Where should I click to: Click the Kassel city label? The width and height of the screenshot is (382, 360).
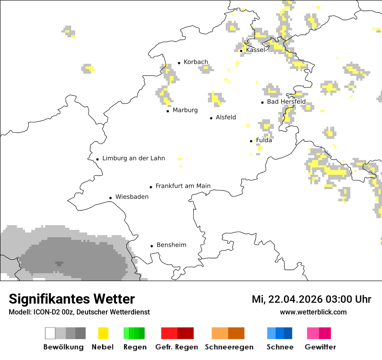pos(255,50)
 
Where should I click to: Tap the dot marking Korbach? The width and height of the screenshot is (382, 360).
pos(179,63)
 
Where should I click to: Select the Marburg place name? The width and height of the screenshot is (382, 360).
pos(185,110)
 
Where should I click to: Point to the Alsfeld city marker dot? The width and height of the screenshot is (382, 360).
pos(211,118)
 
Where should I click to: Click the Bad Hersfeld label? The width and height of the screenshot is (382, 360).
pos(286,101)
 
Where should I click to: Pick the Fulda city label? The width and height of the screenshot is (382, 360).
pos(264,140)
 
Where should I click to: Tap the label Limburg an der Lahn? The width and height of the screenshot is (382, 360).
pos(134,158)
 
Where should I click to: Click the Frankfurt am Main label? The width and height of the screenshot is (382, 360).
pos(183,186)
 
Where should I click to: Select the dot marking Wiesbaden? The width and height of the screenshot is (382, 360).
pos(111,198)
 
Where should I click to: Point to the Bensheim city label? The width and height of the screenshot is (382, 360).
pos(171,245)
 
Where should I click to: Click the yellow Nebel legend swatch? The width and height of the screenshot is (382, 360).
pos(103,333)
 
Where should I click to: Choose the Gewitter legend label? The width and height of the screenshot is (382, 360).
pos(320,347)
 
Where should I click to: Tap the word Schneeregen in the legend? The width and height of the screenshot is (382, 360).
pos(229,347)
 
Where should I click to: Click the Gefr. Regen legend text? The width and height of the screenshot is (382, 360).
pos(177,347)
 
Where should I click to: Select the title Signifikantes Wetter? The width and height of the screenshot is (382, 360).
pos(72,299)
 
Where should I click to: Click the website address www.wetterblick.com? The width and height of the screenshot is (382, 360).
pos(313,312)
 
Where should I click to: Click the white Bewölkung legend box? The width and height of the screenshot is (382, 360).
pos(50,333)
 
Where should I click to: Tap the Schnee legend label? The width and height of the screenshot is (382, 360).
pos(280,347)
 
